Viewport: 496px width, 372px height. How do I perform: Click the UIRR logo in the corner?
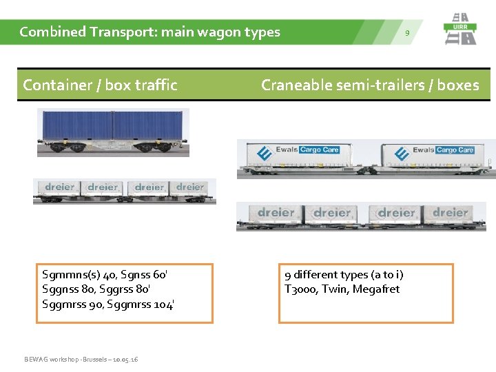460,30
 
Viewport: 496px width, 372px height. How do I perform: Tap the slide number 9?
407,33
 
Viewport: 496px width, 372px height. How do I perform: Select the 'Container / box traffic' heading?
100,85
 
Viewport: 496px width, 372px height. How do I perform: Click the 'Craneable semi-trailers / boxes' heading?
370,85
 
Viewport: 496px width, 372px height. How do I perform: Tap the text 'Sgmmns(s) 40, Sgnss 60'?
105,275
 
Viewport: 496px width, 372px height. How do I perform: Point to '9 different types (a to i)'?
344,275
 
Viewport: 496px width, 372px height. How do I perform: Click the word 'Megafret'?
376,289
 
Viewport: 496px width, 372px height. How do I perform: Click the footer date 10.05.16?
125,360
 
